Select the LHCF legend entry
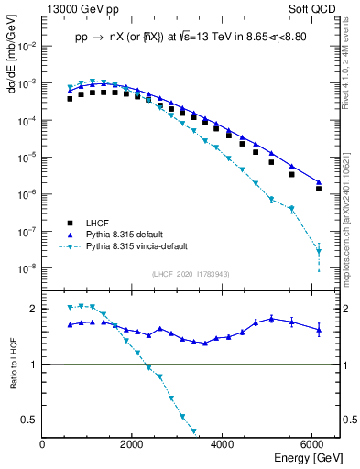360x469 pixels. [99, 223]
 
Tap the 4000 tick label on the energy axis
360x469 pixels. [223, 444]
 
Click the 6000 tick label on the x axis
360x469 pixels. [312, 444]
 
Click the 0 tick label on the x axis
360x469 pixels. [43, 444]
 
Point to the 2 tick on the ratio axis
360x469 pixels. [36, 309]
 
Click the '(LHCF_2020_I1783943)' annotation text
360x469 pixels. [190, 275]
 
